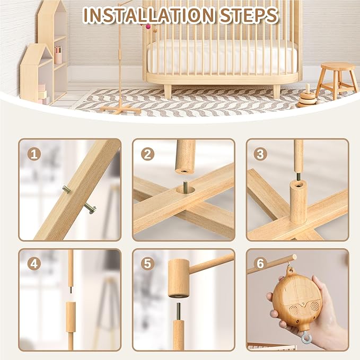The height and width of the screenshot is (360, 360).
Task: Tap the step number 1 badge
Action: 34,154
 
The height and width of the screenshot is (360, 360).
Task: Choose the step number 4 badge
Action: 34,264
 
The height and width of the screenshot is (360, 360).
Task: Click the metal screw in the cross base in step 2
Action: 185,187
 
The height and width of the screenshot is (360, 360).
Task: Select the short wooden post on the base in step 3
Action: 298,201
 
